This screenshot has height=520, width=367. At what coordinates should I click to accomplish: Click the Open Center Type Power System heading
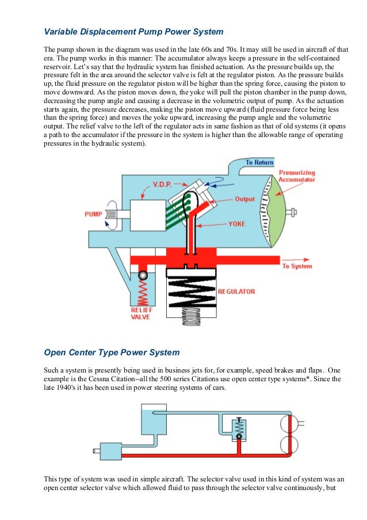pyautogui.click(x=112, y=352)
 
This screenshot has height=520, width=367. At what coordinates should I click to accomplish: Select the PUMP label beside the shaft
pyautogui.click(x=93, y=214)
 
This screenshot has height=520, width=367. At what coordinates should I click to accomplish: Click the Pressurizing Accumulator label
pyautogui.click(x=297, y=176)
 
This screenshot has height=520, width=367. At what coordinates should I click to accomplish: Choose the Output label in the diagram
pyautogui.click(x=245, y=199)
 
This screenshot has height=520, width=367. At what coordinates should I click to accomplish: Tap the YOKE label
pyautogui.click(x=238, y=223)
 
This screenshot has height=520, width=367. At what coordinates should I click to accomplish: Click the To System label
pyautogui.click(x=297, y=266)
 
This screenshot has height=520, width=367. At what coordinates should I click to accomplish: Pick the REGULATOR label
pyautogui.click(x=236, y=291)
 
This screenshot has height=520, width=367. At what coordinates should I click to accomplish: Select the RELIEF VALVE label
pyautogui.click(x=142, y=313)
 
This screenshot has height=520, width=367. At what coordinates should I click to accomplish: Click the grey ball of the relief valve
pyautogui.click(x=143, y=276)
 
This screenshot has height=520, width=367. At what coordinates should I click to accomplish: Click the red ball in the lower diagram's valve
pyautogui.click(x=238, y=437)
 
